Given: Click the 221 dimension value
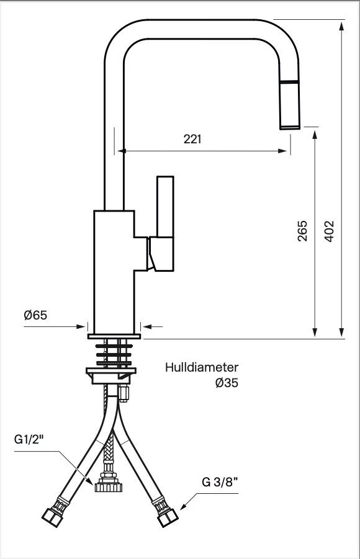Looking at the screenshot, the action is coord(192,139).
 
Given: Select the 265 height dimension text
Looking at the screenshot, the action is coord(302,231).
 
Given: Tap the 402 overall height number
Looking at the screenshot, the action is coord(330,231).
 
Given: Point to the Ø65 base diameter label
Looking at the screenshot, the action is coord(35,315).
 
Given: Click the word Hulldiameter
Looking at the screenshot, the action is coord(202,367).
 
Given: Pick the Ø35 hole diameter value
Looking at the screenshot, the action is coord(227,383).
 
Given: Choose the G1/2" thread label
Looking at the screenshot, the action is coord(29,440).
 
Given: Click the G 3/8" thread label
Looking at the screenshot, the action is coord(220,482).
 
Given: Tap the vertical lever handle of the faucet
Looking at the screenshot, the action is coord(165,206).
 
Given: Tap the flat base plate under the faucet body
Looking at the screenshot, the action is coord(114,336).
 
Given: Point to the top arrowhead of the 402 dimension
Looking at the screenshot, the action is coord(342,25).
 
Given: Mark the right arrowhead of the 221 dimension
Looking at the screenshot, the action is coord(282,151).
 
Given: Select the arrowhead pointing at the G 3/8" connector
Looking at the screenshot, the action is coord(183,507).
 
